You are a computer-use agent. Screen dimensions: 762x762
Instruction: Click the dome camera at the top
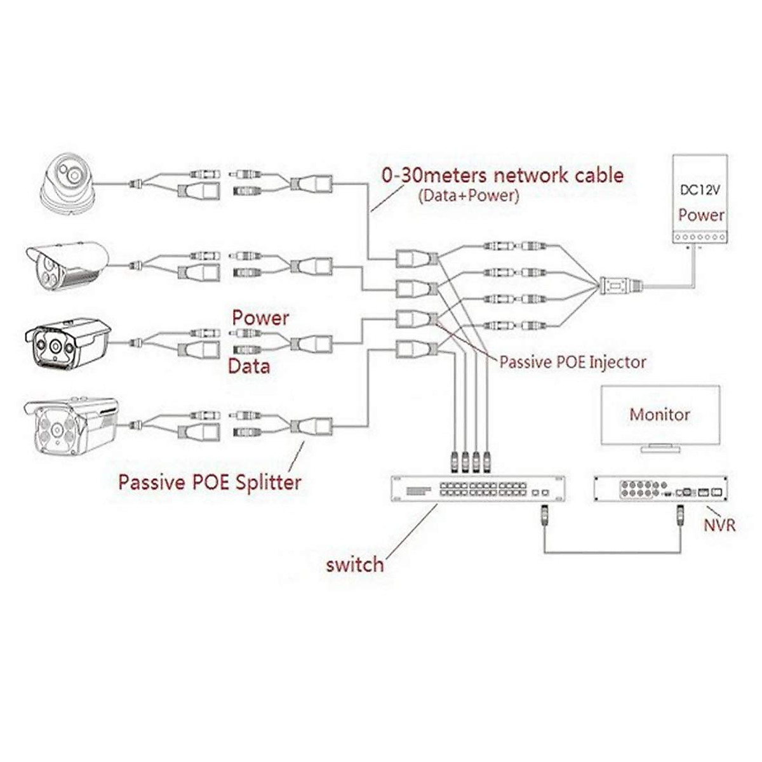point(69,185)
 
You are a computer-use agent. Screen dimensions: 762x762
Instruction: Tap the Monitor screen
point(660,415)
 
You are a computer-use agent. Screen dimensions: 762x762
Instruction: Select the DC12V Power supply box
point(700,199)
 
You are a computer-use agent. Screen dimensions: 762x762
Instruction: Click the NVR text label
point(719,526)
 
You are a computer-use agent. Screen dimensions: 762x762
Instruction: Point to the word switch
point(355,565)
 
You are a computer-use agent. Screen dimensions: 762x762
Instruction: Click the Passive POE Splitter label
point(210,483)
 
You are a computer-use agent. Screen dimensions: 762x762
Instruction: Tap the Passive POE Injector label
point(573,362)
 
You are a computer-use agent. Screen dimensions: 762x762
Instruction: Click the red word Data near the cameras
point(249,366)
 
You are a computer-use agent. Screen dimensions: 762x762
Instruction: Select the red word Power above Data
point(260,318)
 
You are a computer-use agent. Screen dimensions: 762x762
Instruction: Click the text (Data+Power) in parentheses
point(469,196)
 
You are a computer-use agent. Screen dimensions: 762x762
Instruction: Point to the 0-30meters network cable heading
point(502,175)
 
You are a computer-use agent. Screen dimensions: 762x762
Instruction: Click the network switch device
point(478,489)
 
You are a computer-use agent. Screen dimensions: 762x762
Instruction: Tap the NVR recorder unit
point(661,489)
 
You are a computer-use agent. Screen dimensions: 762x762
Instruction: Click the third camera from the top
point(67,344)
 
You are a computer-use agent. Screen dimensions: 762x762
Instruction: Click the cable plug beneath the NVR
point(681,516)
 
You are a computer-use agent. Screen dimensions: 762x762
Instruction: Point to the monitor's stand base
point(660,449)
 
